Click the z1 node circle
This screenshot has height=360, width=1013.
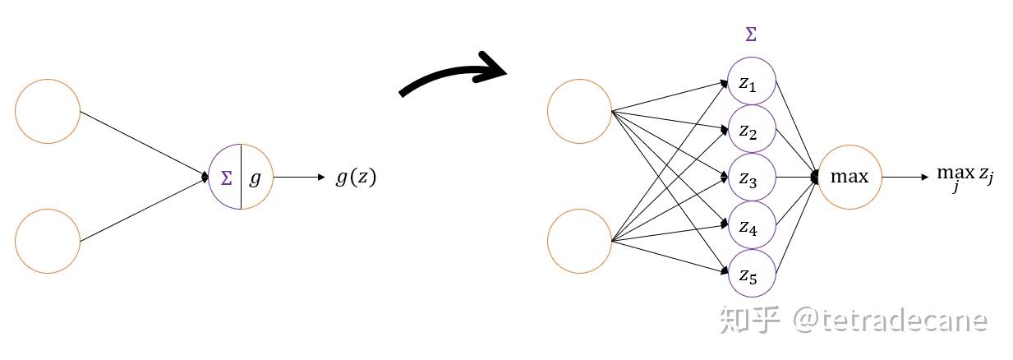(x=752, y=58)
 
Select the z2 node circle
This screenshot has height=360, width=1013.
(x=752, y=106)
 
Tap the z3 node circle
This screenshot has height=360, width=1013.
(x=752, y=155)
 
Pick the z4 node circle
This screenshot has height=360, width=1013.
(x=752, y=202)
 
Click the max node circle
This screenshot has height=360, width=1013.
(x=850, y=145)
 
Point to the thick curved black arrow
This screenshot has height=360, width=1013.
(x=452, y=73)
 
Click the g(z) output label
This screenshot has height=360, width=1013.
(x=356, y=177)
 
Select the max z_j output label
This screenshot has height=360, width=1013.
(x=965, y=177)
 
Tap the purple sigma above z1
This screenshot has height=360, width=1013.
(x=751, y=35)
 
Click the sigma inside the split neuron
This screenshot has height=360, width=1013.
(x=226, y=178)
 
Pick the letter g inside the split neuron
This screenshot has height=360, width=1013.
(x=255, y=178)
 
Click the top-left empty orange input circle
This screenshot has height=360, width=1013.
(x=48, y=80)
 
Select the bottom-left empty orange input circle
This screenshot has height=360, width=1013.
(x=48, y=210)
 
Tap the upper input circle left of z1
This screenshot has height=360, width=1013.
(x=579, y=80)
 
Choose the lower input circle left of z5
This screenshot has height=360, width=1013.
(x=579, y=210)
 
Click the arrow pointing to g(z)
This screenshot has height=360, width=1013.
(x=299, y=177)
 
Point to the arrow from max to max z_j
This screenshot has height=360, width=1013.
(x=905, y=177)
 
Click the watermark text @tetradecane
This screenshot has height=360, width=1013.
(x=890, y=321)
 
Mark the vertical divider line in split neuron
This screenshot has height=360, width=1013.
(x=241, y=177)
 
